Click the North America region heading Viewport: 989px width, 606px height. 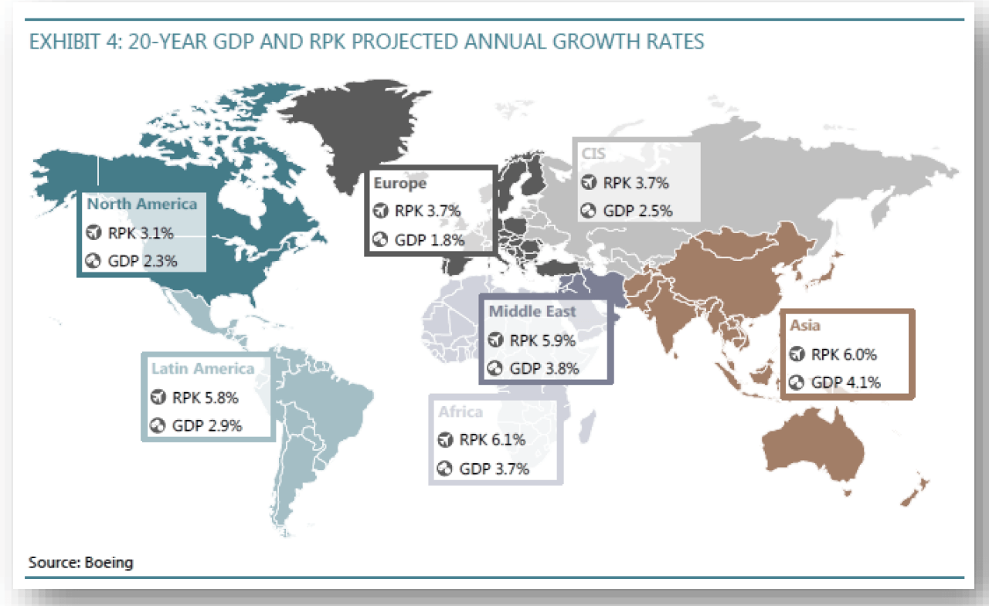(x=141, y=205)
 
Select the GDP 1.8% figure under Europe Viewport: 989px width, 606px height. (x=429, y=240)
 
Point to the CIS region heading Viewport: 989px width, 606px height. (x=593, y=154)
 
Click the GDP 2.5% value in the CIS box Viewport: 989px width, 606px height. (x=637, y=210)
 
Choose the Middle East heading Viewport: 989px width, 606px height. (x=532, y=312)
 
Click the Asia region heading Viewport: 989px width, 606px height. (x=805, y=327)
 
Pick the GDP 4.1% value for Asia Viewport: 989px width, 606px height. (x=846, y=382)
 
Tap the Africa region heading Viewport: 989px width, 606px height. (x=461, y=411)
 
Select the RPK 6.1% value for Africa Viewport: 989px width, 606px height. (x=492, y=440)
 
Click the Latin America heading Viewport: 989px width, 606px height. (x=202, y=369)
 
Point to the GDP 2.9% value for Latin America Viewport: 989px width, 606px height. (x=207, y=425)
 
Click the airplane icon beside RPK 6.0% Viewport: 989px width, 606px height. (x=797, y=355)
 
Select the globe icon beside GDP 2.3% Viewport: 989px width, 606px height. (x=94, y=261)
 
